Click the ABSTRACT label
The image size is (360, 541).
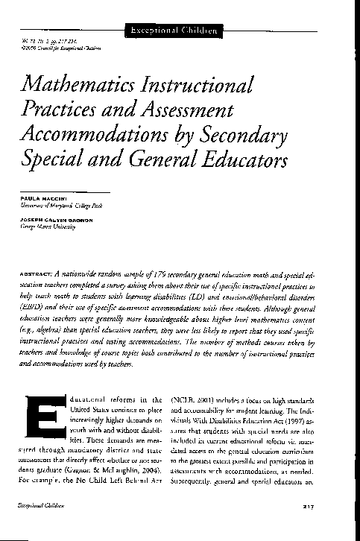pos(40,274)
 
